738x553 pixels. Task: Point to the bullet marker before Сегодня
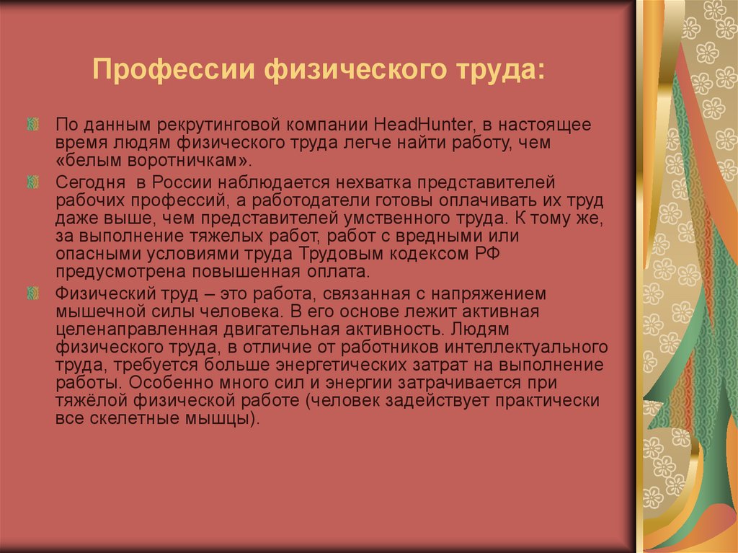32,182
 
